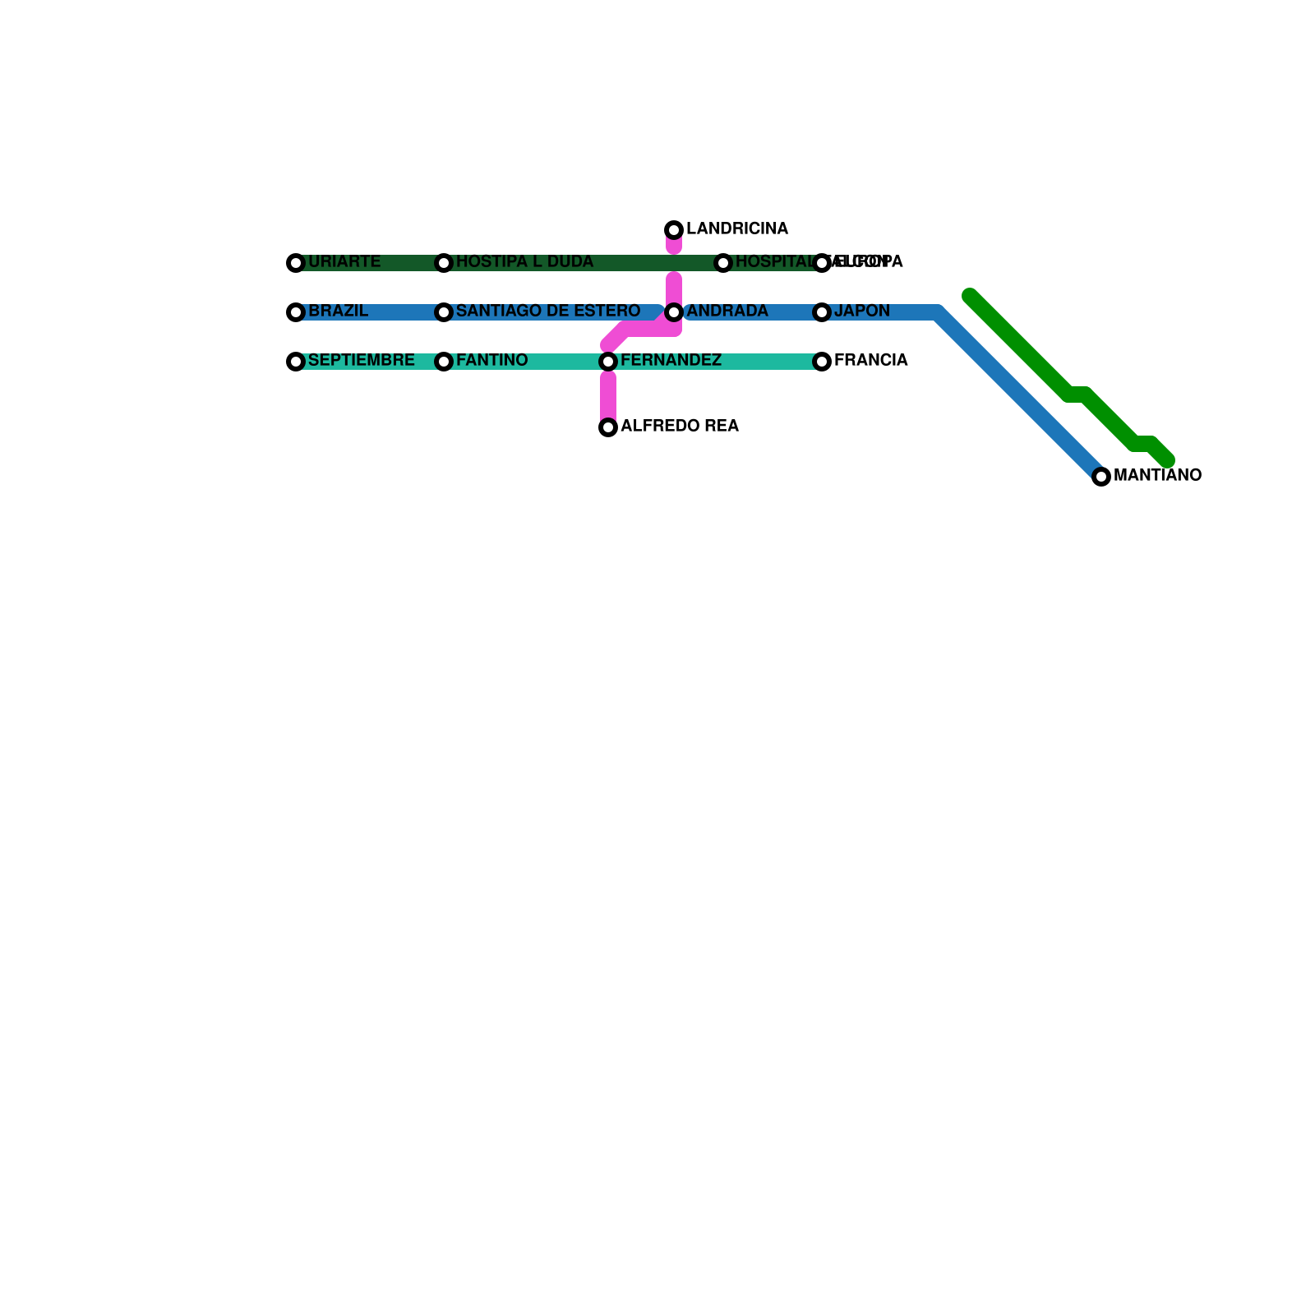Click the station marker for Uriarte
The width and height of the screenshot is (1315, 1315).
click(x=296, y=263)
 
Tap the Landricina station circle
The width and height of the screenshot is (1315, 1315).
click(x=674, y=229)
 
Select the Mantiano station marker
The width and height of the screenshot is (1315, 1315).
click(x=1101, y=477)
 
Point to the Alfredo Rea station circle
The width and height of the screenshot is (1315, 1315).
click(x=608, y=427)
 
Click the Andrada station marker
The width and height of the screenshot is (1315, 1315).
click(x=674, y=312)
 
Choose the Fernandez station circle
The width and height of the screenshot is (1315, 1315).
click(x=608, y=362)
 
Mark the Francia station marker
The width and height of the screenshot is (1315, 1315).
click(x=822, y=362)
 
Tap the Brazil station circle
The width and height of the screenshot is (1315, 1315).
click(x=296, y=312)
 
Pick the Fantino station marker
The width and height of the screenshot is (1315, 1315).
click(x=444, y=362)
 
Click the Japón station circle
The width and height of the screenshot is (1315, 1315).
click(x=822, y=312)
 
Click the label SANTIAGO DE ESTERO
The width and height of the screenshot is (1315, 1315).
click(x=548, y=311)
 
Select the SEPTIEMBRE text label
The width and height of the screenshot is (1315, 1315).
click(x=361, y=361)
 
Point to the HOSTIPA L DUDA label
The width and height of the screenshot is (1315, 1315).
click(x=524, y=262)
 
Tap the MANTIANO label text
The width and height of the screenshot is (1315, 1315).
click(x=1157, y=476)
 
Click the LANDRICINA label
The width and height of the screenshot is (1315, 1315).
click(x=737, y=229)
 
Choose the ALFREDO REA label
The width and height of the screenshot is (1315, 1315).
click(x=680, y=427)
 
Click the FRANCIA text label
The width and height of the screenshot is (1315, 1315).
click(x=870, y=361)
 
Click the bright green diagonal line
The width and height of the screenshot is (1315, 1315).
click(x=1019, y=345)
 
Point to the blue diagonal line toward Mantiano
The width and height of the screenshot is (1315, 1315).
click(x=1019, y=394)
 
